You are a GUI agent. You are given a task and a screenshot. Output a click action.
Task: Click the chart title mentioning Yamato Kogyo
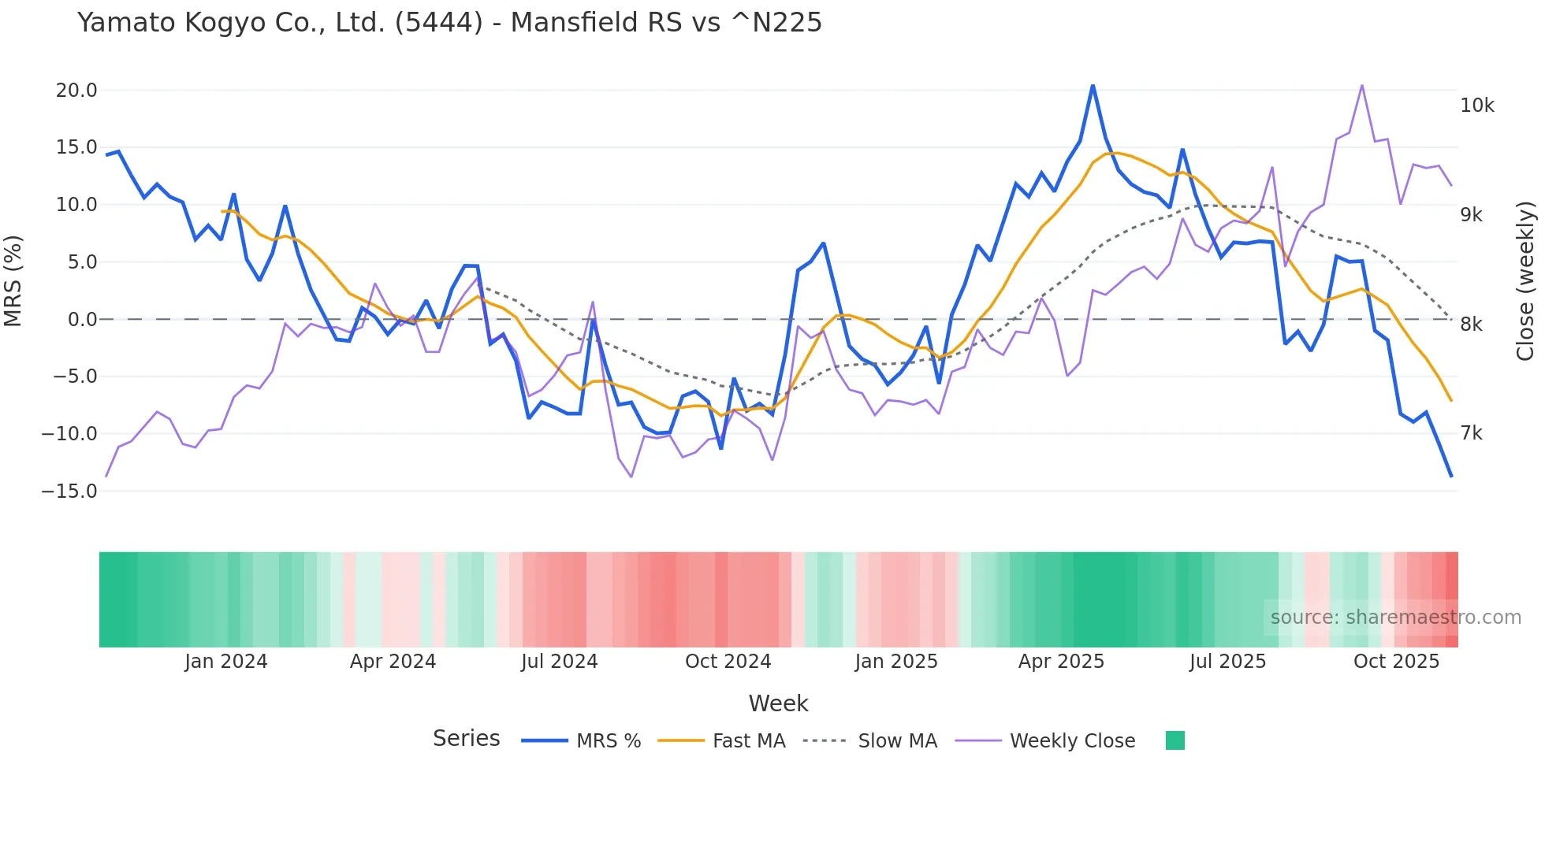[449, 23]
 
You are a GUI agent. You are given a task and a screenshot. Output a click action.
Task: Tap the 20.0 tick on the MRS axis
[76, 91]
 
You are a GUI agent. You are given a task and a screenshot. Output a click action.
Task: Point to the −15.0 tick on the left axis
[69, 491]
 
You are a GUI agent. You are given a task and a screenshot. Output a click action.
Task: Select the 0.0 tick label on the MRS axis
[82, 320]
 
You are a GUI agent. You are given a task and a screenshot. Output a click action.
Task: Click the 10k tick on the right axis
[1476, 106]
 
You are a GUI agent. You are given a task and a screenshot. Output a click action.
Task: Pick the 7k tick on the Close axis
[1471, 433]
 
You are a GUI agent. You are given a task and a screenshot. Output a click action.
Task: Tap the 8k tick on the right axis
[1471, 325]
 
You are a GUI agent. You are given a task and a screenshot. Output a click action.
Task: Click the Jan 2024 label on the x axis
[226, 662]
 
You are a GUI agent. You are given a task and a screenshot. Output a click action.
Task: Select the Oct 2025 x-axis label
[1396, 662]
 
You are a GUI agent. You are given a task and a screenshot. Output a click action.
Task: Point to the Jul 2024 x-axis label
[559, 662]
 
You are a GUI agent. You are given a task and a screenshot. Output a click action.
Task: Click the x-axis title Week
[778, 703]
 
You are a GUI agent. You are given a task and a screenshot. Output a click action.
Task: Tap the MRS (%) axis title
[13, 281]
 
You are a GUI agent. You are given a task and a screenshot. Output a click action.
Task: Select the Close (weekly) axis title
[1525, 281]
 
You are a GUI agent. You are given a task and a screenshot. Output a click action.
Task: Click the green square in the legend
[1175, 740]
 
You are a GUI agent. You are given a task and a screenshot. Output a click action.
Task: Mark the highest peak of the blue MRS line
[1093, 85]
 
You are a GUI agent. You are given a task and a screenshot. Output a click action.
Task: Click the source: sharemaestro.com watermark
[1395, 618]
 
